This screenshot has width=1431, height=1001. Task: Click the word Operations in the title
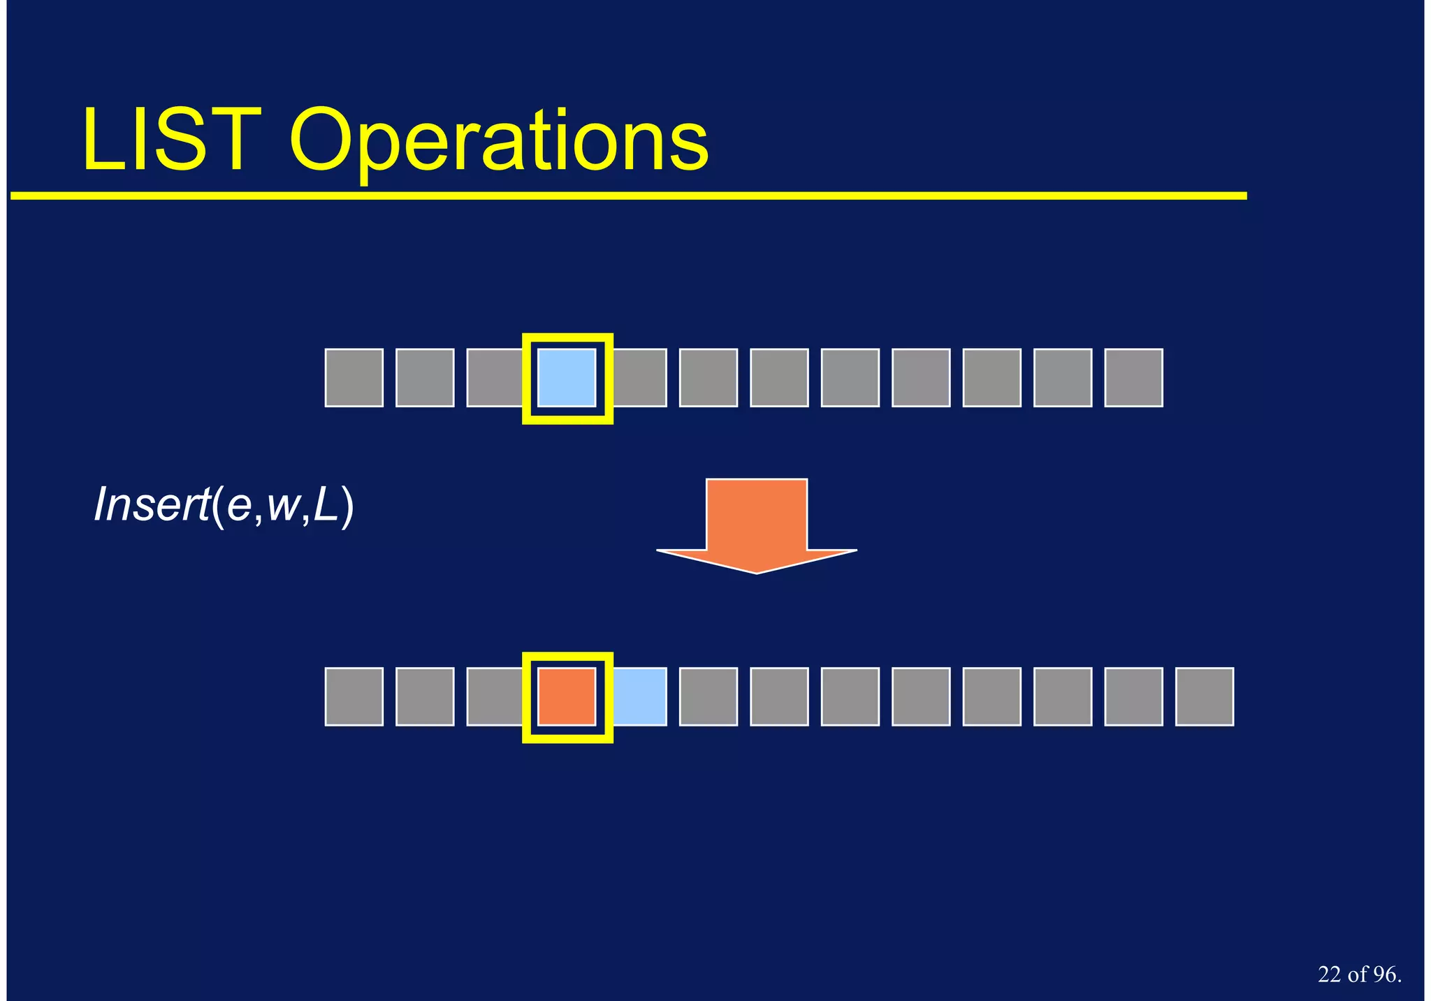point(499,143)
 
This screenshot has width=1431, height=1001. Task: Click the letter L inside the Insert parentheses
point(325,504)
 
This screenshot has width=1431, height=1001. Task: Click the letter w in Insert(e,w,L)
point(283,506)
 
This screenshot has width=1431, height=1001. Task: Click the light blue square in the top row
point(567,378)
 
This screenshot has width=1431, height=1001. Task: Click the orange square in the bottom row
point(567,696)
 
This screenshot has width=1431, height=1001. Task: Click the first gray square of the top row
point(354,378)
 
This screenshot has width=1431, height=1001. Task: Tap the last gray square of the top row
point(1133,378)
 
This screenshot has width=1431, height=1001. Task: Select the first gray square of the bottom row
point(354,696)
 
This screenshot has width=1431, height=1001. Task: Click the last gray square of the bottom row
point(1204,696)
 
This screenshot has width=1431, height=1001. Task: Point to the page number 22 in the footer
point(1330,974)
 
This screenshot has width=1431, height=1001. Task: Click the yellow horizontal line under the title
point(629,196)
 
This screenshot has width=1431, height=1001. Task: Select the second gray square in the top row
point(425,378)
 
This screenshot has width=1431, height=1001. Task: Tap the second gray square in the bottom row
point(425,696)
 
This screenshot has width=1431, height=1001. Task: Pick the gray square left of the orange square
point(494,696)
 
